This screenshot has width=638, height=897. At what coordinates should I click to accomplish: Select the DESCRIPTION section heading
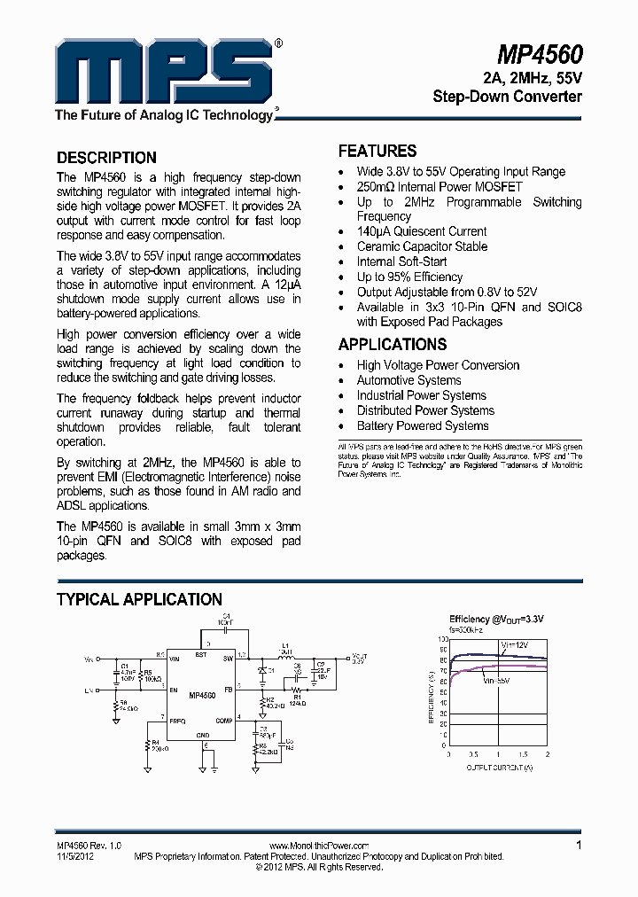(x=106, y=158)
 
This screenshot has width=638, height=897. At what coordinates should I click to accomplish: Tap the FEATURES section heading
(x=377, y=151)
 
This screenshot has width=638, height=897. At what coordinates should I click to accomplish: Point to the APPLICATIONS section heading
(x=393, y=344)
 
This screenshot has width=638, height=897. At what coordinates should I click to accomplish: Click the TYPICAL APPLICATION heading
(x=139, y=599)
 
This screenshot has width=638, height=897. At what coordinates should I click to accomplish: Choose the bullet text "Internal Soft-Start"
(x=401, y=261)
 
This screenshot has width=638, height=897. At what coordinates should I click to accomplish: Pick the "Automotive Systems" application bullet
(x=408, y=380)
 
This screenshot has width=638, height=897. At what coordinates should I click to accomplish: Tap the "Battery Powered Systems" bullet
(x=423, y=425)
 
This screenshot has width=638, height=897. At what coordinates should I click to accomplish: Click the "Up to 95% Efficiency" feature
(x=409, y=277)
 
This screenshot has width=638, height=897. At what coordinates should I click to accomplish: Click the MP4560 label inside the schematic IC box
(x=202, y=697)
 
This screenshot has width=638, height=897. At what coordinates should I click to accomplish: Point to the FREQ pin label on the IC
(x=178, y=721)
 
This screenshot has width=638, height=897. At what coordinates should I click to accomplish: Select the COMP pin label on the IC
(x=223, y=721)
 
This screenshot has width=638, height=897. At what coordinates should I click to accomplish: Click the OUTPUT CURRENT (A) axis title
(x=500, y=768)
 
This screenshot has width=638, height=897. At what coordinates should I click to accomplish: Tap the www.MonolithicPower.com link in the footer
(x=318, y=846)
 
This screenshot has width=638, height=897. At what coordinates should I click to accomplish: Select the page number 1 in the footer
(x=579, y=846)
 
